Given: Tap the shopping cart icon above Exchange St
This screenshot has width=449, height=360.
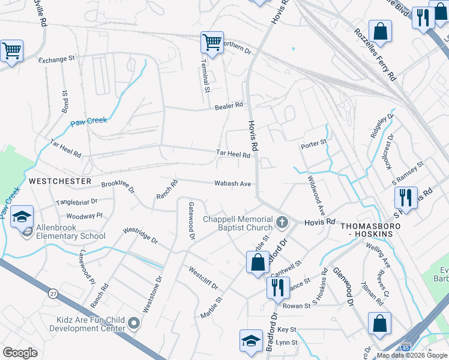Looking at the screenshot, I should pyautogui.click(x=11, y=50).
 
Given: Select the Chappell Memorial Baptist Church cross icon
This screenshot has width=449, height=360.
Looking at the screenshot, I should pyautogui.click(x=282, y=223).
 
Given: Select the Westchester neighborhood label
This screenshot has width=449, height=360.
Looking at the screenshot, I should pyautogui.click(x=59, y=181).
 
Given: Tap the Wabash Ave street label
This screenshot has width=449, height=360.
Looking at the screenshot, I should pyautogui.click(x=233, y=184).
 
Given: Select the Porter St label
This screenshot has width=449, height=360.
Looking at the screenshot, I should pyautogui.click(x=313, y=143).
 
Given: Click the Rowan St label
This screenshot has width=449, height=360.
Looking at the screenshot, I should pyautogui.click(x=297, y=305).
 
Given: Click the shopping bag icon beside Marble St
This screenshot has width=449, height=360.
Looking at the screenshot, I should pyautogui.click(x=258, y=262).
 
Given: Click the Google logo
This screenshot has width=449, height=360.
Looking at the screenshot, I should pyautogui.click(x=20, y=353).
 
